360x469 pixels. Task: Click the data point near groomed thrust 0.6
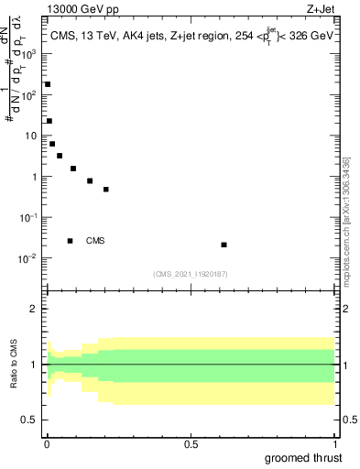pos(224,245)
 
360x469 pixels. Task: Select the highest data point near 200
pos(48,84)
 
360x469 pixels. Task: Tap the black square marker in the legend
pos(70,241)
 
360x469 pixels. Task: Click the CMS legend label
pos(95,241)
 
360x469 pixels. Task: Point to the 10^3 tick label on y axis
pos(29,54)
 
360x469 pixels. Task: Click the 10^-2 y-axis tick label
pos(29,258)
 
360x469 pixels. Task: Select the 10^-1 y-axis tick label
pos(29,217)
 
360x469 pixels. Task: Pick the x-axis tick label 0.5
pos(191,443)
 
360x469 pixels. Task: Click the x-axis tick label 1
pos(334,443)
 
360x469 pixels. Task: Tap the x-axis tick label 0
pos(47,443)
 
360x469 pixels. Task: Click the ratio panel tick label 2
pos(33,309)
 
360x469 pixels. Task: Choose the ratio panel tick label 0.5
pos(29,420)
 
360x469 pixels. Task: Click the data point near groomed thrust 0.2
pos(106,190)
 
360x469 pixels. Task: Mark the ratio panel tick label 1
pos(33,365)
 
